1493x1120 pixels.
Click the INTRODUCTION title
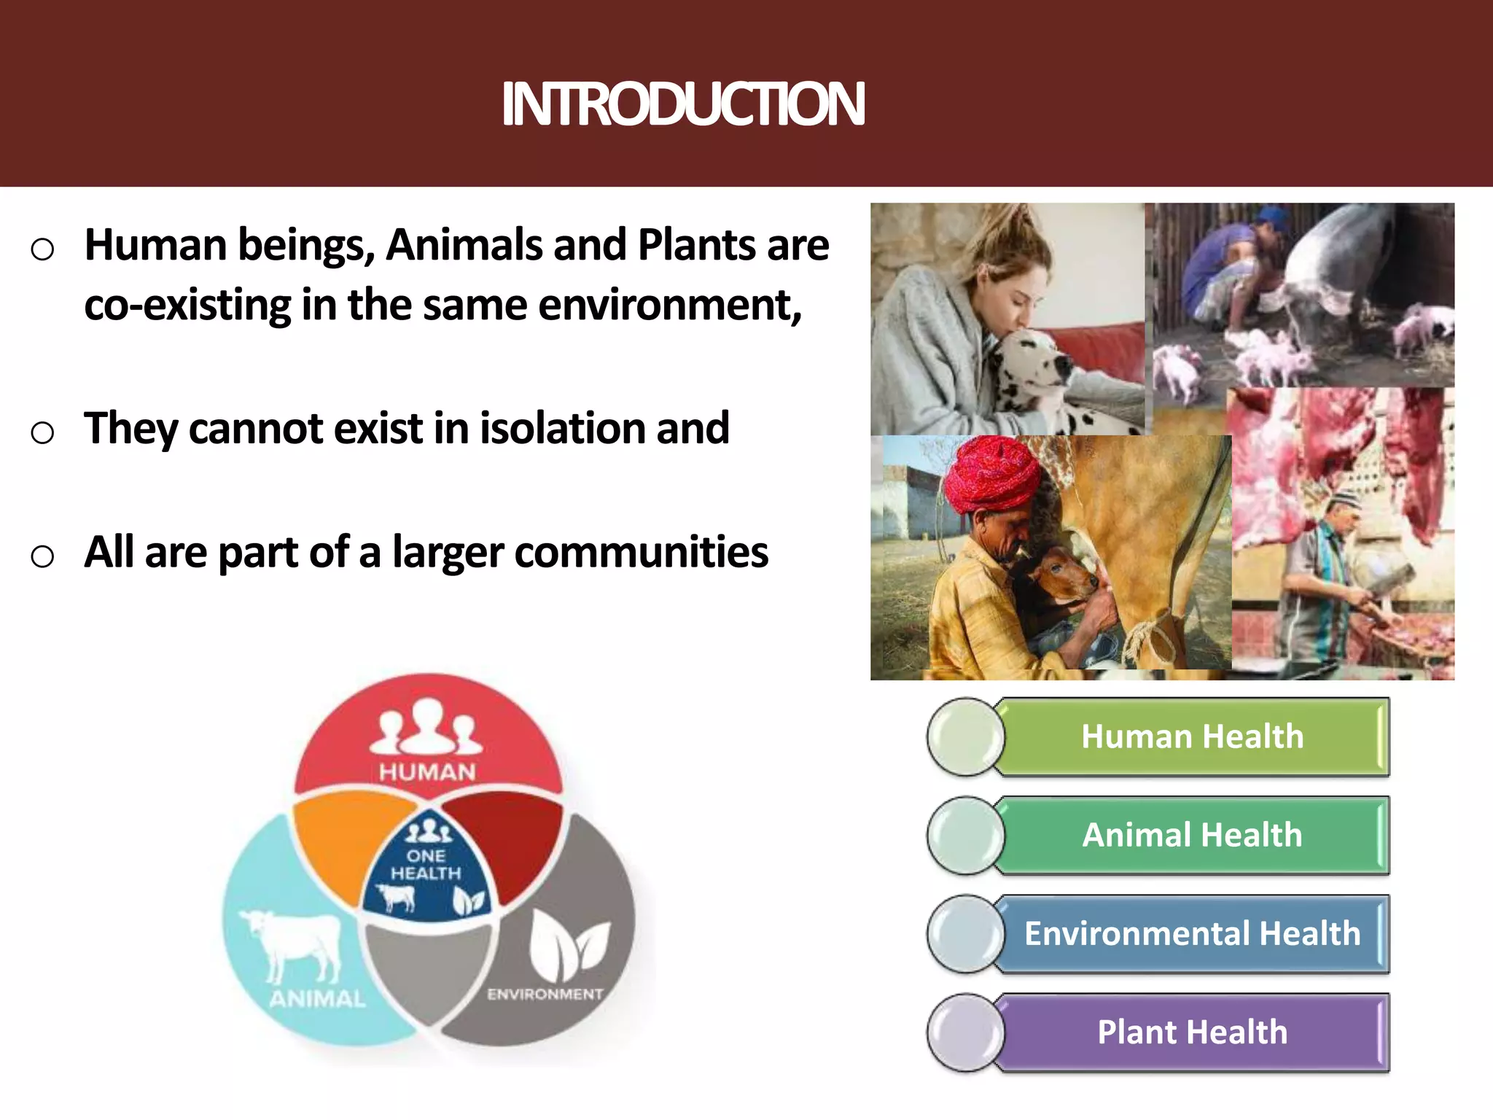tap(683, 104)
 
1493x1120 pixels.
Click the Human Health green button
tap(1192, 736)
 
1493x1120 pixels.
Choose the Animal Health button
tap(1192, 835)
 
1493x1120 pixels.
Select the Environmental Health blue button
tap(1192, 933)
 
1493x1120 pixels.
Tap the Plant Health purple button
tap(1192, 1032)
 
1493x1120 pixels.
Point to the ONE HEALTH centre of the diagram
tap(426, 865)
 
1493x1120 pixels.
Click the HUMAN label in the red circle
tap(427, 771)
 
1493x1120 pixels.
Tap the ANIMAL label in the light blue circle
tap(317, 998)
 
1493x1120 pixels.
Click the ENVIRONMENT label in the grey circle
tap(545, 994)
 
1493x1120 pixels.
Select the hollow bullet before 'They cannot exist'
tap(42, 432)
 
